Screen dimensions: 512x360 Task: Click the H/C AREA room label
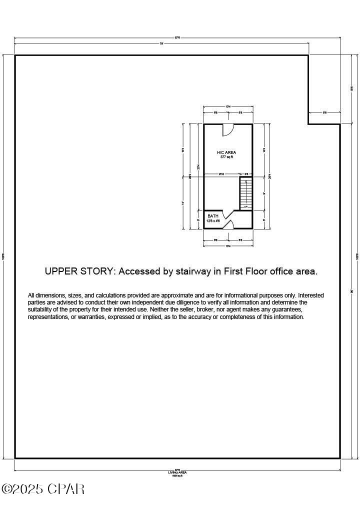point(226,152)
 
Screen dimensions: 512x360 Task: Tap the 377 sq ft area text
point(226,157)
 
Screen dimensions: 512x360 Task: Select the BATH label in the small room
point(213,216)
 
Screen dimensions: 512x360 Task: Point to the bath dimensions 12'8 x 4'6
point(213,220)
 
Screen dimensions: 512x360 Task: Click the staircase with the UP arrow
point(245,193)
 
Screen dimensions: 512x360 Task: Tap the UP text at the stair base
point(245,206)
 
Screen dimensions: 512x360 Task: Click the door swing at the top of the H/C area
point(227,129)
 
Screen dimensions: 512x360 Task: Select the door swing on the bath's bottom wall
point(227,224)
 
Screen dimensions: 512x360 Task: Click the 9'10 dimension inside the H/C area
point(220,174)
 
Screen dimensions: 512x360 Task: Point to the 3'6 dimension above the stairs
point(246,174)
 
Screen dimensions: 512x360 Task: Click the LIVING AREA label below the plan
point(177,472)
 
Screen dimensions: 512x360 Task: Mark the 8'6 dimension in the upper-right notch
point(324,113)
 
